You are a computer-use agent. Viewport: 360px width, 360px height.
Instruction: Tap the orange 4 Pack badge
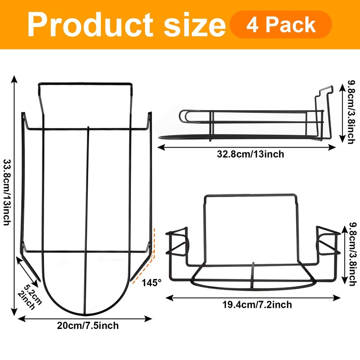tap(281, 24)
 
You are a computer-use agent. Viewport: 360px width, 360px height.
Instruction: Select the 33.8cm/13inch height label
tap(8, 193)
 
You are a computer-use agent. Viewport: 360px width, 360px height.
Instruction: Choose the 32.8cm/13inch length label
tap(250, 154)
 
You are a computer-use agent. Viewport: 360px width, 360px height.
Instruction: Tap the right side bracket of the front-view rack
tap(327, 243)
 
